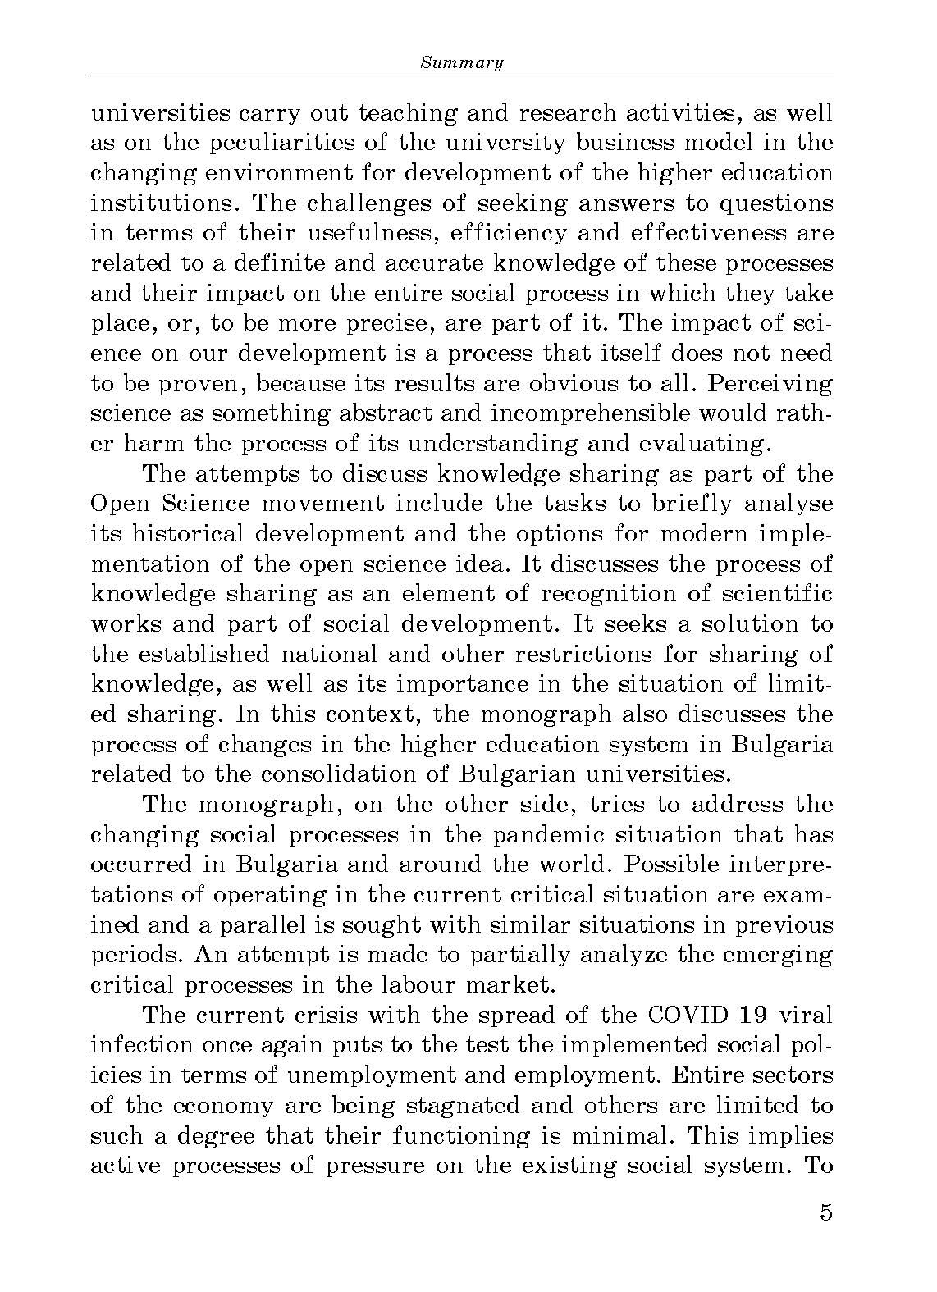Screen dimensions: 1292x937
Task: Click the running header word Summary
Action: [x=461, y=62]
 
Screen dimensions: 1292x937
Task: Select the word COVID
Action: [x=684, y=1016]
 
